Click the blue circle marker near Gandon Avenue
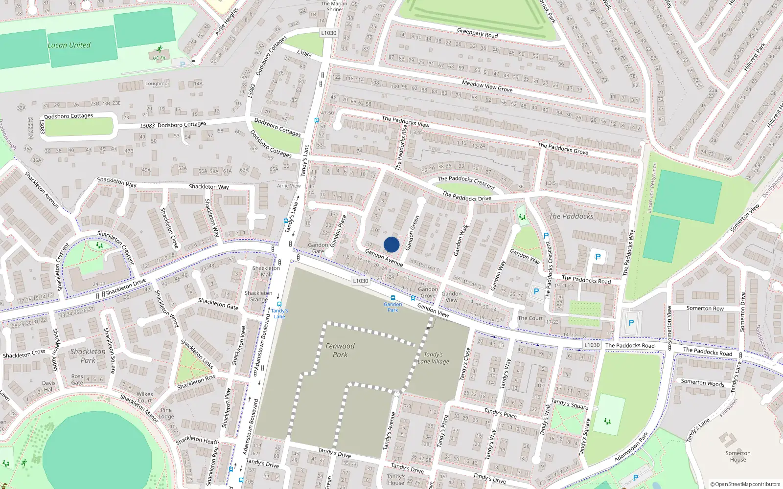point(391,244)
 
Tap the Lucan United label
point(69,45)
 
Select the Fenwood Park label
point(340,350)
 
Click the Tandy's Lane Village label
point(433,358)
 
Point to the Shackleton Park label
point(88,356)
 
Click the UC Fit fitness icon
point(159,49)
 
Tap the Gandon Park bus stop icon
point(392,298)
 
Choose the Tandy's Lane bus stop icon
point(279,304)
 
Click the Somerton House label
point(738,456)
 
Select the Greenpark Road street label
point(477,33)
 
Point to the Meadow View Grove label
point(487,87)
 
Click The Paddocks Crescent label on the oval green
point(466,182)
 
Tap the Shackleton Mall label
point(266,271)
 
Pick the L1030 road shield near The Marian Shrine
point(329,33)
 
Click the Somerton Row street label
point(705,308)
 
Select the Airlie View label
point(289,186)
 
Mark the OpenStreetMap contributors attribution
point(745,485)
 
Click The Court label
point(530,318)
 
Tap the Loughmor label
point(157,84)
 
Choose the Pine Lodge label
point(166,413)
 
